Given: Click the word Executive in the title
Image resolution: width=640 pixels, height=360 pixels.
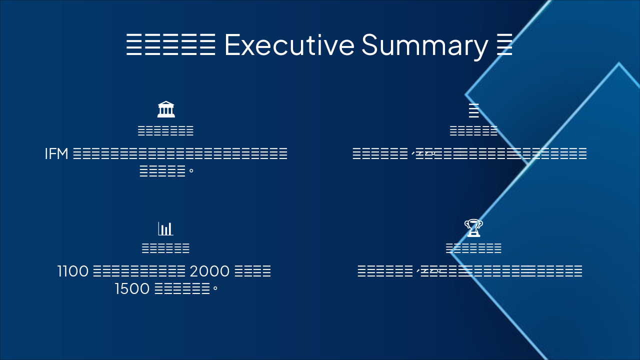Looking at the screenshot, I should (289, 44).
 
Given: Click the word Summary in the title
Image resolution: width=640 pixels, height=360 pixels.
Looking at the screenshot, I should (424, 44).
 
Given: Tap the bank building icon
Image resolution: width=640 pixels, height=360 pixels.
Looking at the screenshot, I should (166, 109).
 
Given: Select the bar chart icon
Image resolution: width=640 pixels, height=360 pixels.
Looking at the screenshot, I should (165, 228).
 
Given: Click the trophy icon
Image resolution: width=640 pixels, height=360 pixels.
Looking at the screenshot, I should (473, 228).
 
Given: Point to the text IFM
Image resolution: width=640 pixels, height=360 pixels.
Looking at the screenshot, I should (56, 154).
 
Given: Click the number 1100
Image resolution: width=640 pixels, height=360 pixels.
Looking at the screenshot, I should (73, 271).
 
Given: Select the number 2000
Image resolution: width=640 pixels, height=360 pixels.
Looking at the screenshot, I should (210, 271).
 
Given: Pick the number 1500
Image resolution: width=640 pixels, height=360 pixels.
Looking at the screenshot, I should (132, 289).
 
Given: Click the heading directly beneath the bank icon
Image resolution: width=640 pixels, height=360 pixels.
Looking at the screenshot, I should (165, 131).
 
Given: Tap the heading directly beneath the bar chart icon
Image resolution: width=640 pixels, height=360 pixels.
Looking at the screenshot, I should (165, 248).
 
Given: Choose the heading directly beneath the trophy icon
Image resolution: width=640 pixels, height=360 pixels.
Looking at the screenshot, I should (473, 248).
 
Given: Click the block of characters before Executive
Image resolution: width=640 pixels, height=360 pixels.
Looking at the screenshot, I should (170, 44).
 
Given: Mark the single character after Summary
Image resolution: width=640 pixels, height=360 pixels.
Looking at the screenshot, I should (505, 44).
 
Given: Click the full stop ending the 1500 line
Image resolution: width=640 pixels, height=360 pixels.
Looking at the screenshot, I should (215, 289).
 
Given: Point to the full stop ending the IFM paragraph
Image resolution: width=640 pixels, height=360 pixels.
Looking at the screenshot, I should (191, 171).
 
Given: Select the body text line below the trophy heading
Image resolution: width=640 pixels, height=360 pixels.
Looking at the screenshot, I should (470, 271).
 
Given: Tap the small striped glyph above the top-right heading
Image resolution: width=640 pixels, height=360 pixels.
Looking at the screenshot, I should (473, 110).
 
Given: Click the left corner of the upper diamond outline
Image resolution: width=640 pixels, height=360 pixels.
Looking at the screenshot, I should (466, 94).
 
